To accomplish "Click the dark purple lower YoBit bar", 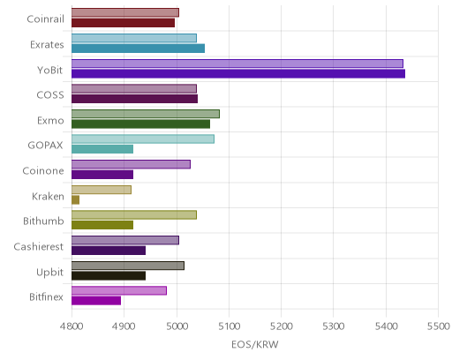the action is coord(238,74).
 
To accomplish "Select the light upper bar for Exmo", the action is coord(146,114).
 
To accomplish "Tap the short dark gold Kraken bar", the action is coord(75,200).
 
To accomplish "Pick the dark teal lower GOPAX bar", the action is coord(102,149).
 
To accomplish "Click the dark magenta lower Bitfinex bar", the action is coord(96,301).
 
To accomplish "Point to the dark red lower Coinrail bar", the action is coord(123,23).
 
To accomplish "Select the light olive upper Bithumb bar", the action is coord(134,215).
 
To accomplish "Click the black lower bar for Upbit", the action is coord(109,276).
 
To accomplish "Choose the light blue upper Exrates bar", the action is coord(134,38).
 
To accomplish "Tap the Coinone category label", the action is coord(43,170).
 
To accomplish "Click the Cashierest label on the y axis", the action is coord(38,246).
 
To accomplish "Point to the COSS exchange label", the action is coord(50,95).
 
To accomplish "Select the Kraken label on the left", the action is coord(48,196).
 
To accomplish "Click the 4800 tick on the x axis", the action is coord(72,326).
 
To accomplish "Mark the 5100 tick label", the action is coord(229,326).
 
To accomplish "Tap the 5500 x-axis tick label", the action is coord(438,326).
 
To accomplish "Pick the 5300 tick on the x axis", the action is coord(334,326).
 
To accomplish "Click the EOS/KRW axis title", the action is coord(255,344).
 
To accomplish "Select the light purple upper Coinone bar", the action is coord(131,164).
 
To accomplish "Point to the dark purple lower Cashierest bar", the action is coord(109,251).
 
